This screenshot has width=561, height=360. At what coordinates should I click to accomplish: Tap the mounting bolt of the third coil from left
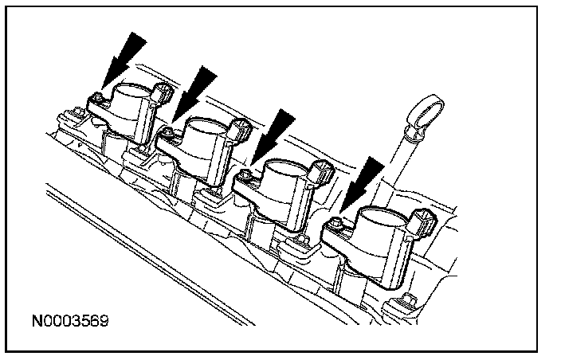coord(246,174)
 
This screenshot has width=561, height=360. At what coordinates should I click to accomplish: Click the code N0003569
coord(71,322)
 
